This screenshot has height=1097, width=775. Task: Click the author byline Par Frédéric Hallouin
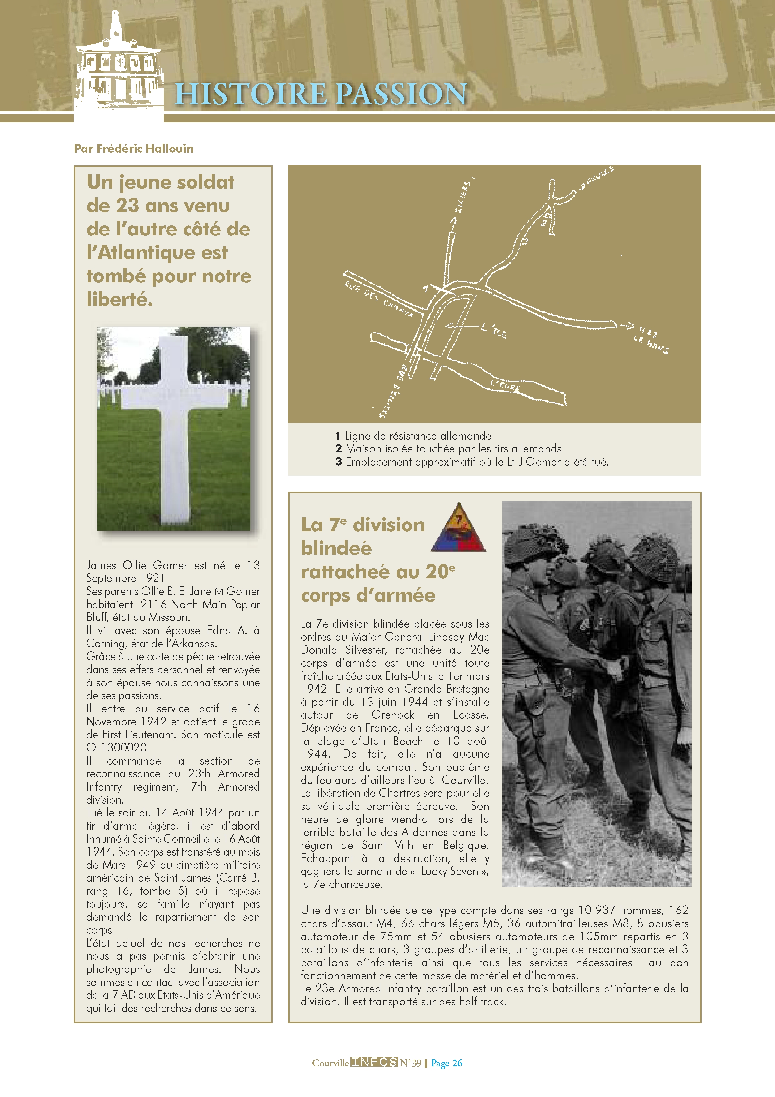(x=134, y=149)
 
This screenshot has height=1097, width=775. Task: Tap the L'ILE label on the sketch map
(x=494, y=331)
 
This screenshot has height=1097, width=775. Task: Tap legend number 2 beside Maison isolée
(x=338, y=449)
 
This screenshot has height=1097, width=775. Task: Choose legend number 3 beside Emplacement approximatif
(x=338, y=462)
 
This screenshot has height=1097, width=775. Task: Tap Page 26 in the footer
(x=447, y=1063)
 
